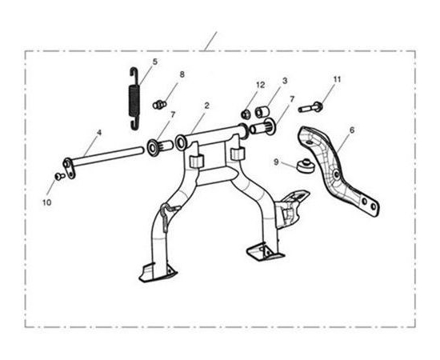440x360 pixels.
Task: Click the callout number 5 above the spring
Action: click(x=155, y=62)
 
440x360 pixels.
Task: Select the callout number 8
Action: click(x=182, y=74)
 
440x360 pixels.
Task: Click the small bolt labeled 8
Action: click(x=159, y=105)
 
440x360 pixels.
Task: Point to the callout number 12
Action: click(x=261, y=85)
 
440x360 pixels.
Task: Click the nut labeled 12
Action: click(x=246, y=114)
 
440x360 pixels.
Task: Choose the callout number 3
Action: click(x=285, y=81)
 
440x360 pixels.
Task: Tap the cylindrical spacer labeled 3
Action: click(x=262, y=112)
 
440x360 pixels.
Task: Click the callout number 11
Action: click(x=337, y=79)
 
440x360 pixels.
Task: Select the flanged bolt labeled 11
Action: click(x=310, y=107)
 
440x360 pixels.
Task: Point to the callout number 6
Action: click(x=352, y=130)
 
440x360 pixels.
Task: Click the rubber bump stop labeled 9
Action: click(x=306, y=166)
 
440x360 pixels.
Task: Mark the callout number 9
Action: click(x=276, y=162)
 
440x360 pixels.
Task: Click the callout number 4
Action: click(x=98, y=133)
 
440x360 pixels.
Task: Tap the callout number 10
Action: click(x=47, y=202)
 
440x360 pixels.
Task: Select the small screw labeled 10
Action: click(x=59, y=176)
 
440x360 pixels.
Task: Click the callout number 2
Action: click(x=207, y=106)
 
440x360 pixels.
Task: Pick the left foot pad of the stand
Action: click(x=158, y=273)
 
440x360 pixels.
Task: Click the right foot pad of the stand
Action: click(x=265, y=251)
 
